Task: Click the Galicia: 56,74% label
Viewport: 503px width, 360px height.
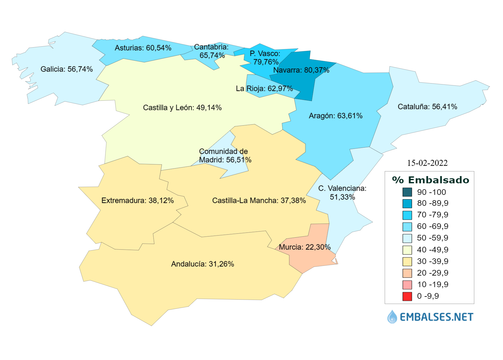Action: tap(67, 69)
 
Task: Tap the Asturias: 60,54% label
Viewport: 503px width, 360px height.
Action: tap(143, 48)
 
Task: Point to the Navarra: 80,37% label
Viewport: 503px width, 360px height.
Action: tap(301, 70)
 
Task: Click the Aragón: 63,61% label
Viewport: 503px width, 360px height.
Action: tap(336, 116)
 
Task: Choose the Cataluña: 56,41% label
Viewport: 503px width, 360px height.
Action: tap(427, 107)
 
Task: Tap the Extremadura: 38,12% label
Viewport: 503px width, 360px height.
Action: tap(137, 200)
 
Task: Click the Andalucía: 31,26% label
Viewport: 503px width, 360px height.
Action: tap(203, 264)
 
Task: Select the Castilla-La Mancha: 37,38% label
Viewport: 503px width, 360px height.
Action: tap(259, 200)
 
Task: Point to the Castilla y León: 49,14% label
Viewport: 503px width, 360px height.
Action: tap(182, 108)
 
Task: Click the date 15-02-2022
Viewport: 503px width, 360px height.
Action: tap(427, 163)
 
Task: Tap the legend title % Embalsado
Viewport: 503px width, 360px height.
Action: tap(430, 180)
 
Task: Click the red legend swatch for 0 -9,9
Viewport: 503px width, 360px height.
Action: tap(407, 296)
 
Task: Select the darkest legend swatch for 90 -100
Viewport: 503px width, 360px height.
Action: tap(407, 192)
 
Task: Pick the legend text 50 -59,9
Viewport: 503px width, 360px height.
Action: tap(432, 238)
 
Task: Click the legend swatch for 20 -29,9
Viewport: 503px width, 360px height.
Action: tap(407, 273)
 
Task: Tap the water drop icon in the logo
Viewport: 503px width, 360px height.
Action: tap(392, 317)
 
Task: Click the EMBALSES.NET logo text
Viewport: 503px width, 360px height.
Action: tap(436, 317)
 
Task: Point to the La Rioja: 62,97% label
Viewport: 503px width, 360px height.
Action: tap(264, 89)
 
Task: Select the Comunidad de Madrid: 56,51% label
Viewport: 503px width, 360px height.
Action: tap(225, 156)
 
